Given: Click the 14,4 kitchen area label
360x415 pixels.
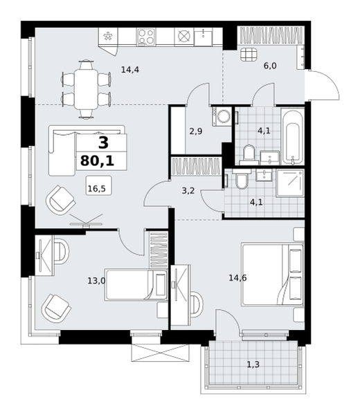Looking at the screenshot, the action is tap(129, 70).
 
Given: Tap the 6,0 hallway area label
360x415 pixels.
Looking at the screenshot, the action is tap(270, 66).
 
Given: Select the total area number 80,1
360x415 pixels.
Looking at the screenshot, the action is tap(97, 160).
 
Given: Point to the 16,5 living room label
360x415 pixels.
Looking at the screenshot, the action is tap(97, 189).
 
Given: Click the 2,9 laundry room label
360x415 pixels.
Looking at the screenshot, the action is tap(196, 131).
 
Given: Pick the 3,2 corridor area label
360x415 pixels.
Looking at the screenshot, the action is tap(188, 190).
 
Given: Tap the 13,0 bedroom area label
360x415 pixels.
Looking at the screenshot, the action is tap(96, 281).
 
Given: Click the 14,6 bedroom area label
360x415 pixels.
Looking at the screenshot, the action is tap(237, 278).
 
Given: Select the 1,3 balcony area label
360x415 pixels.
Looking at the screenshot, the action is tap(253, 365).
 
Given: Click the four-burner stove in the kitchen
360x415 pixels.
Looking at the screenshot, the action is tap(146, 37).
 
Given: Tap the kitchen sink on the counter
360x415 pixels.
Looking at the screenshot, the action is tap(203, 37).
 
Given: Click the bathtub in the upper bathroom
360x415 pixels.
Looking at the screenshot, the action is tap(292, 136).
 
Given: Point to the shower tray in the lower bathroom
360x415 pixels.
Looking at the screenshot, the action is tap(290, 183).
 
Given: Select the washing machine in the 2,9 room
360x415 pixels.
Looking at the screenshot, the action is tap(222, 116).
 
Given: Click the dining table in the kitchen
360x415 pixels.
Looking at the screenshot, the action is tap(86, 89).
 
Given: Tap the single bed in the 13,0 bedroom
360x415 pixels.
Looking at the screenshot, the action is tap(136, 284).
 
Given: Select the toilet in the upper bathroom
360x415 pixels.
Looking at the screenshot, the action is tap(249, 154).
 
